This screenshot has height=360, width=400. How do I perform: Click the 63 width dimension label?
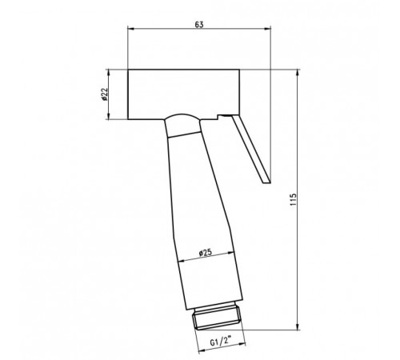(x=199, y=25)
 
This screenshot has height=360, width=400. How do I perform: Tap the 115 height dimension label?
(x=293, y=199)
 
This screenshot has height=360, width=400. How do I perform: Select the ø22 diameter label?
(x=104, y=94)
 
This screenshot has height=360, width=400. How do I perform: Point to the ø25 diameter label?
(x=206, y=252)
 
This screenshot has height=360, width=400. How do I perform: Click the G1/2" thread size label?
(x=221, y=342)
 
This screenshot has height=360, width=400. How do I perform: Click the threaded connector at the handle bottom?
(x=218, y=318)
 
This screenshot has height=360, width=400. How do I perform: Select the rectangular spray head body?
(x=183, y=94)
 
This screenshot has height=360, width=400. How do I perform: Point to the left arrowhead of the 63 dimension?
(x=130, y=28)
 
